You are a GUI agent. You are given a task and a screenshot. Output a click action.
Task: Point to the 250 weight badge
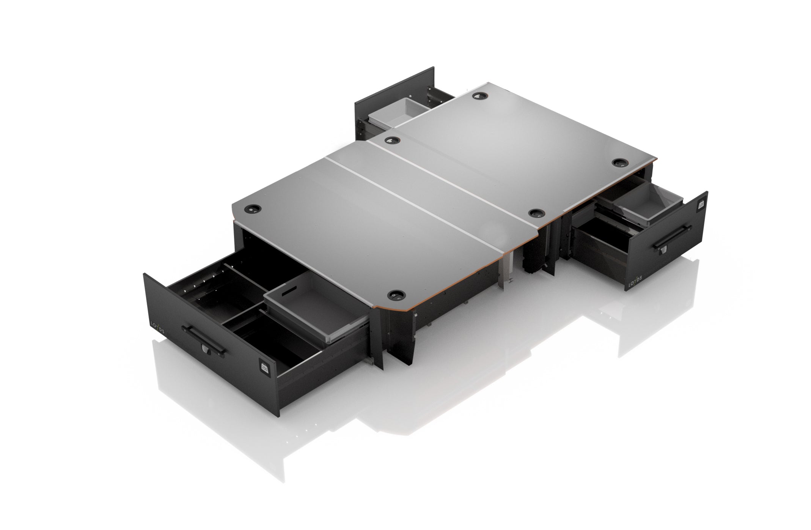pos(264,367)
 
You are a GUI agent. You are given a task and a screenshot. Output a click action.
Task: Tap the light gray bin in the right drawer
pos(645,207)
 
